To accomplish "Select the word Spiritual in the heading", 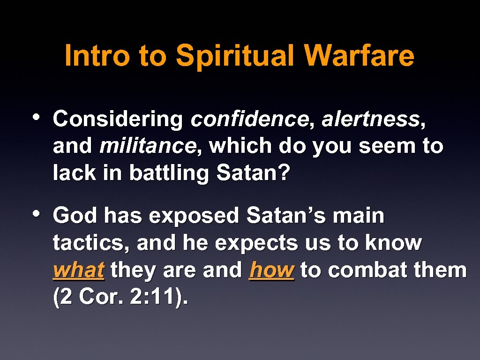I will tap(236, 56).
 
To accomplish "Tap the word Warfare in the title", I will tap(359, 56).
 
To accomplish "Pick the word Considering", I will tap(118, 120).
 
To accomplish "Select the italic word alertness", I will tap(371, 120).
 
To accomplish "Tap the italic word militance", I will tap(148, 147).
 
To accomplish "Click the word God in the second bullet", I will tap(76, 216).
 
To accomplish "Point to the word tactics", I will tap(92, 243).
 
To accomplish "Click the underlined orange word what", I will tap(78, 270).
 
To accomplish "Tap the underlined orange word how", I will tap(272, 270).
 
